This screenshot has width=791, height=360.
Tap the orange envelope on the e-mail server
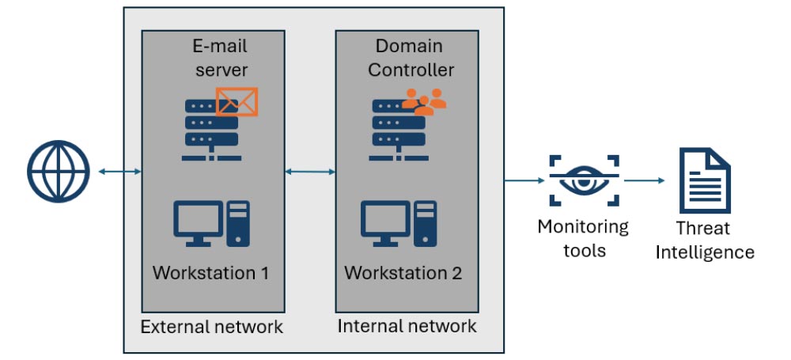(237, 102)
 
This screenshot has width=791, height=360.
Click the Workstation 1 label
(211, 274)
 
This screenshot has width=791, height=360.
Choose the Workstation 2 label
(403, 274)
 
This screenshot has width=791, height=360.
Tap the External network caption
(211, 326)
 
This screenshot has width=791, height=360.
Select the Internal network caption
(407, 326)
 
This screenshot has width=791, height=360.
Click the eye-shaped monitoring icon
(584, 181)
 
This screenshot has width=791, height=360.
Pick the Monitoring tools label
(583, 239)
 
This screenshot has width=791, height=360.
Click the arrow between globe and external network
(120, 171)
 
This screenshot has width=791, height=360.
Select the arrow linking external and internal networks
(310, 171)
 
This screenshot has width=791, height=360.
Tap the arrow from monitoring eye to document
(644, 181)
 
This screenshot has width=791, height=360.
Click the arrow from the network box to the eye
(526, 181)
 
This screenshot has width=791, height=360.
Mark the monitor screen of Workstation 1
(199, 219)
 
